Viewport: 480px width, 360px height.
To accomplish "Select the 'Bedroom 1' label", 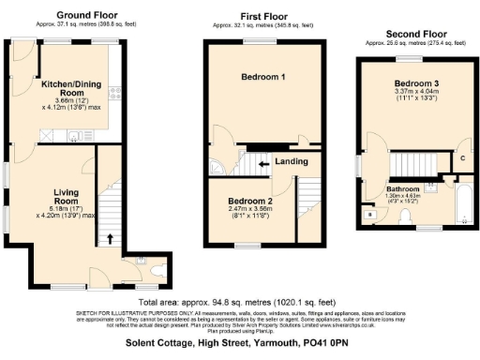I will (x=263, y=75).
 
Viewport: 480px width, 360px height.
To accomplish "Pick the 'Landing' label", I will (x=292, y=161).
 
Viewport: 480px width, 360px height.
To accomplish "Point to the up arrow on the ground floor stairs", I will (x=113, y=239).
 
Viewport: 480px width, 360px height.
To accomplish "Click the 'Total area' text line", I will (x=239, y=302).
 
